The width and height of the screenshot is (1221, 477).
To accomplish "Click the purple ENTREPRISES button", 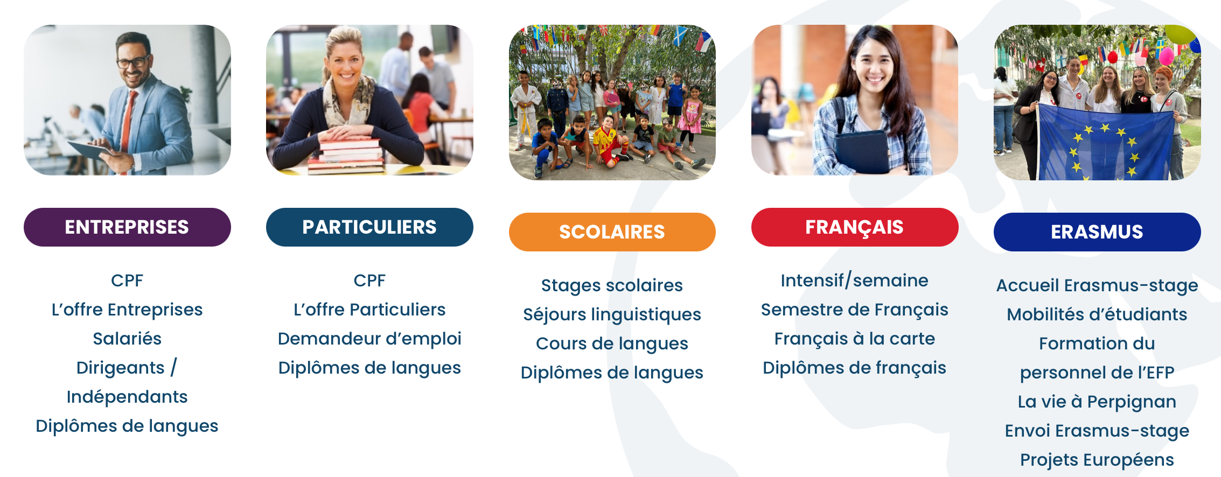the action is click(x=127, y=227).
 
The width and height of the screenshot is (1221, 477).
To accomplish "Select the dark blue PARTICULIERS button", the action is click(x=369, y=227).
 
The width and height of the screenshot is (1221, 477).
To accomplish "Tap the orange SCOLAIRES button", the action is click(x=612, y=232).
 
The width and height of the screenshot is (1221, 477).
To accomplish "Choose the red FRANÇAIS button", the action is click(x=855, y=227).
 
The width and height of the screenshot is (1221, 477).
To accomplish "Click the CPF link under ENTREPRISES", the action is click(x=127, y=280).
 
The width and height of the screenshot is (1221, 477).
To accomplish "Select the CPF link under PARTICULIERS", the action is click(x=369, y=280).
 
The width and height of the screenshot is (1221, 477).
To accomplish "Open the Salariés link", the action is click(x=127, y=339).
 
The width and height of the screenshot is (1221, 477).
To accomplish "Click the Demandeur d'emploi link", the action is click(x=369, y=339).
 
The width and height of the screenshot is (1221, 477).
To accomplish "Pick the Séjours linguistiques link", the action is click(x=612, y=314).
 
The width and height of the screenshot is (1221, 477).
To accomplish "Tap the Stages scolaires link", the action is click(x=612, y=285).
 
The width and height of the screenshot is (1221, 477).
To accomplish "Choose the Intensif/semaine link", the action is click(x=855, y=280).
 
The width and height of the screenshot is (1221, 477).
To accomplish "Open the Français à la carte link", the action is click(x=855, y=339).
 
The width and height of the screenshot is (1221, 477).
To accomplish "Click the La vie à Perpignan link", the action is click(x=1097, y=402).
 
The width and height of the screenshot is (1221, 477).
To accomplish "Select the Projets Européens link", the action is click(x=1097, y=460).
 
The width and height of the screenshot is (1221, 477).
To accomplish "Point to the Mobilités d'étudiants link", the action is click(x=1097, y=314).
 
